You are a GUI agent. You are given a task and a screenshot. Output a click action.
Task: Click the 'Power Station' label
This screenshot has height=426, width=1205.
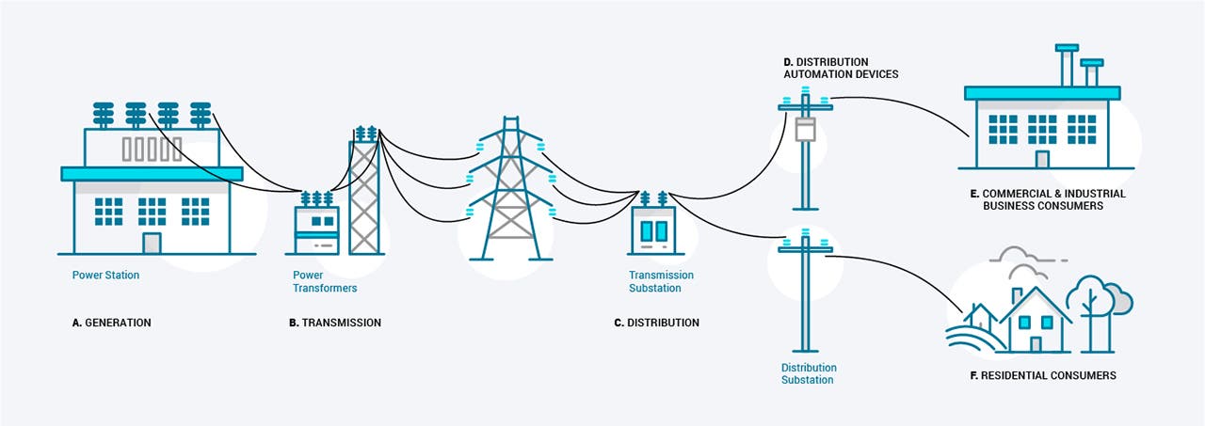(x=105, y=276)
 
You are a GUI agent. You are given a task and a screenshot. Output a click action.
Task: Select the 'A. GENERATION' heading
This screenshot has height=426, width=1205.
(x=111, y=323)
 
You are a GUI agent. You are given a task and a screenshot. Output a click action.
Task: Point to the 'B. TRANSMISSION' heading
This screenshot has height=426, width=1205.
(x=335, y=323)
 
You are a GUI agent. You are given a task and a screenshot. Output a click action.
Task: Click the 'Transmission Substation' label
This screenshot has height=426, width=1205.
(x=661, y=281)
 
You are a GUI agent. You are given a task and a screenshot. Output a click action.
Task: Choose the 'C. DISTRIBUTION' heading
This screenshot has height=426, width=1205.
(x=656, y=323)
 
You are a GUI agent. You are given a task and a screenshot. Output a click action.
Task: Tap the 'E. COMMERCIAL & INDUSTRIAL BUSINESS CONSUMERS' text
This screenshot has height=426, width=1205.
(x=1047, y=199)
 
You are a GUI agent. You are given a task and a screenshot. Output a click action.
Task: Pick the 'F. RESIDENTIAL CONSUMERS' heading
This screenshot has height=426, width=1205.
(x=1041, y=375)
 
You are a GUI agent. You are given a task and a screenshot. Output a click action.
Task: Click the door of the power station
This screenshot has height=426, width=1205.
(x=152, y=243)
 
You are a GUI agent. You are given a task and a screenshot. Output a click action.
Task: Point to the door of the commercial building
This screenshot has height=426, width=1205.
(x=1042, y=158)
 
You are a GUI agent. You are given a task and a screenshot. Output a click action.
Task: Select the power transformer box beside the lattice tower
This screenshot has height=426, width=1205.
(x=316, y=230)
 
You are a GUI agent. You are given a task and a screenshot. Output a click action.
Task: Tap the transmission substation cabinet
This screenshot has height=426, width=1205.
(x=653, y=231)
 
